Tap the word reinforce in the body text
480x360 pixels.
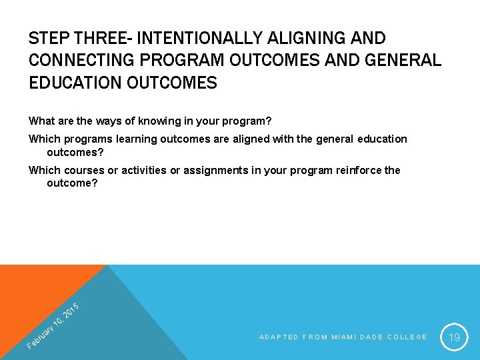[x=359, y=170]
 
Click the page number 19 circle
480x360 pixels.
[x=454, y=337]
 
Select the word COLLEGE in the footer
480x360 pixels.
[x=407, y=337]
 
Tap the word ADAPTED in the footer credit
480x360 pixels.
[x=279, y=337]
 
